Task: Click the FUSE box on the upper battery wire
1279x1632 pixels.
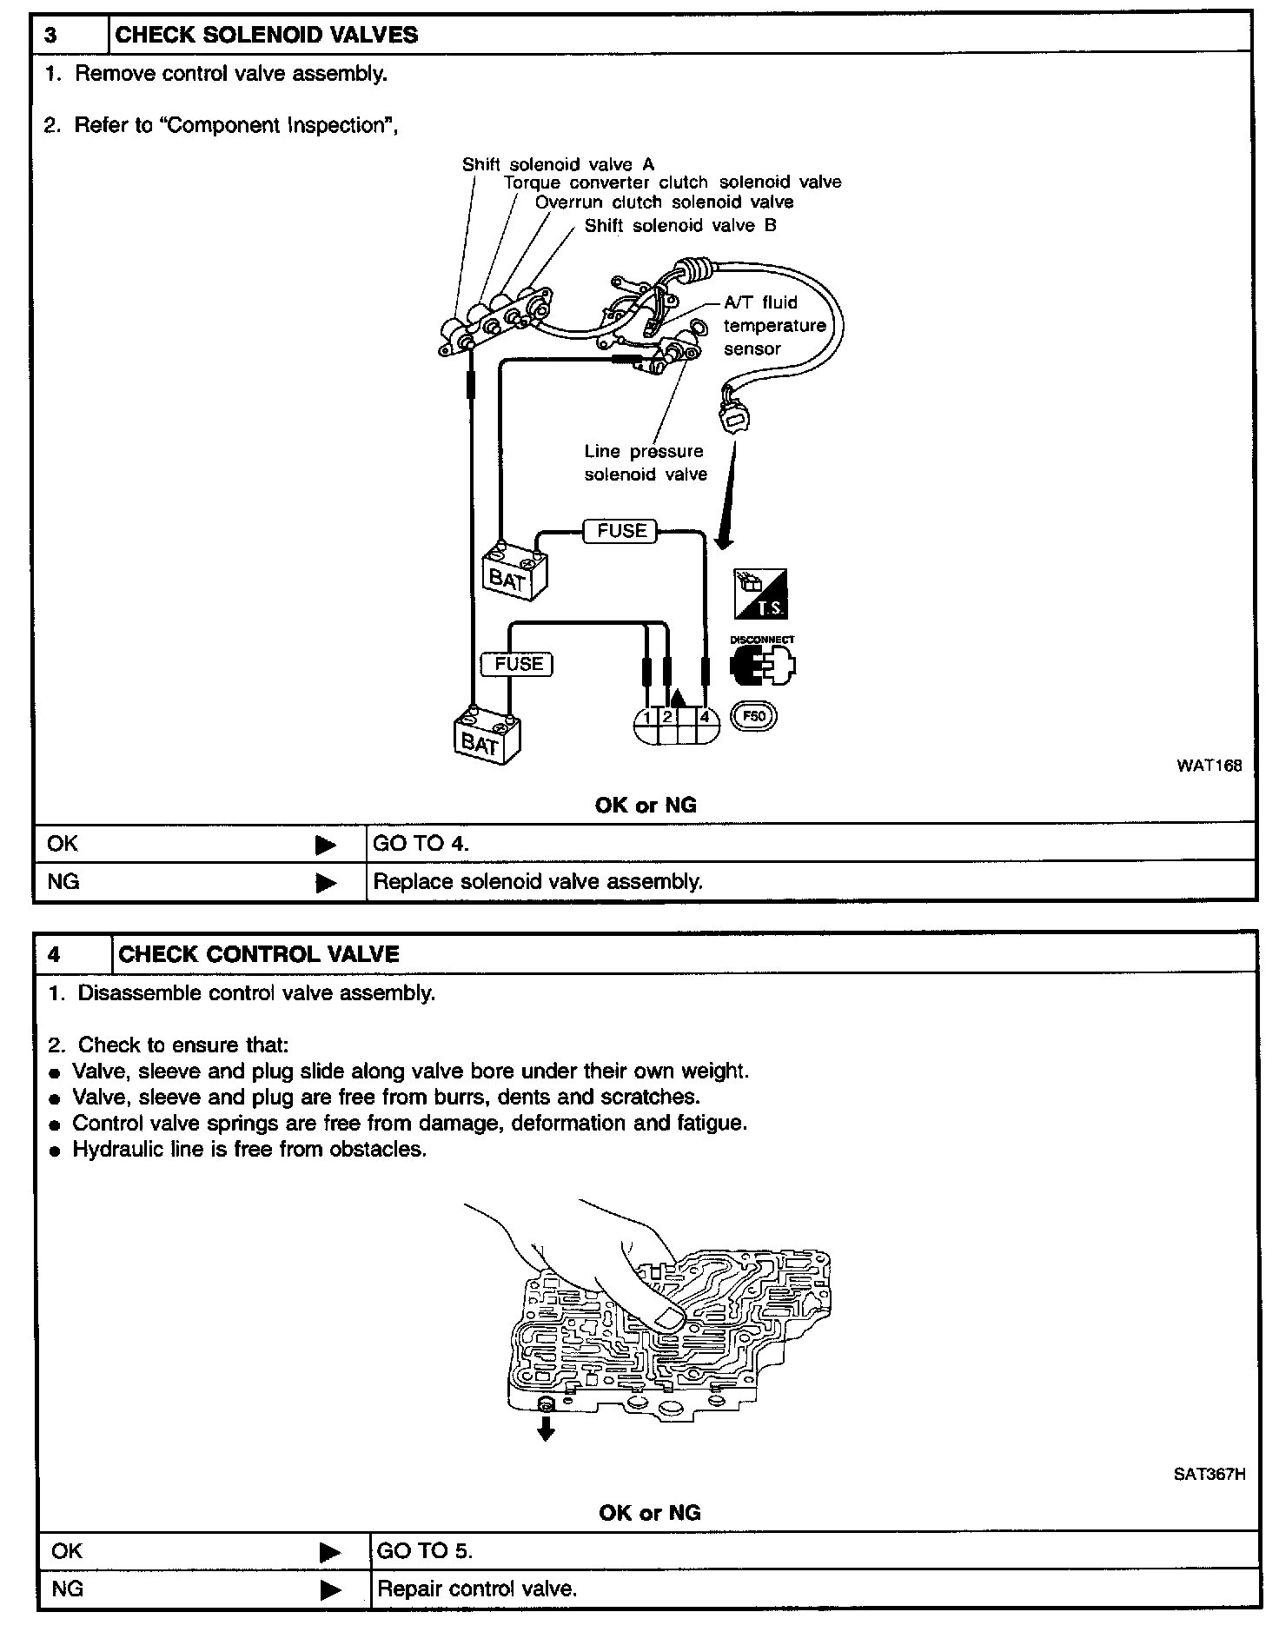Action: point(621,530)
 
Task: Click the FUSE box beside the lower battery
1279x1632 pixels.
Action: point(518,664)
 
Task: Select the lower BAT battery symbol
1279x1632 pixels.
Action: point(487,738)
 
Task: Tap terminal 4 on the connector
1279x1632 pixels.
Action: point(706,718)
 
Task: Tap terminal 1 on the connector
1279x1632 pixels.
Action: point(647,718)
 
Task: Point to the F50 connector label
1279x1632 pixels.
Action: point(754,717)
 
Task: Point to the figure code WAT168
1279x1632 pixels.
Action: point(1209,766)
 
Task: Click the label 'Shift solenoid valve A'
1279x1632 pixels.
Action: point(558,164)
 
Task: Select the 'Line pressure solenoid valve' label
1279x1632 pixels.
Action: point(645,462)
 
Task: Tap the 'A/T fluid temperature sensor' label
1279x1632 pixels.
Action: point(773,326)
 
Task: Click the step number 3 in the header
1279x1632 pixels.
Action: point(51,35)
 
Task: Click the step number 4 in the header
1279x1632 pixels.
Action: point(54,954)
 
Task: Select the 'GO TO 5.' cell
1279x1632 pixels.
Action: point(425,1551)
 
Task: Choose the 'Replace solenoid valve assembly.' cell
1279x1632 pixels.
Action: point(537,881)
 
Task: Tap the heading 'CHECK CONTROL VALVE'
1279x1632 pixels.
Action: point(258,954)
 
